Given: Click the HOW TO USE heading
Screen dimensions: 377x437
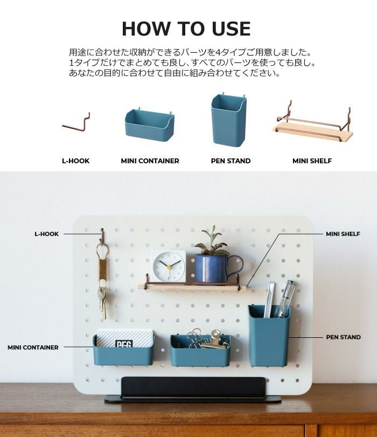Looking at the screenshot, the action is (x=186, y=29).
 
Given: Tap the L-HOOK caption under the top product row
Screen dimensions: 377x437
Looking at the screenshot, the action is (x=76, y=161).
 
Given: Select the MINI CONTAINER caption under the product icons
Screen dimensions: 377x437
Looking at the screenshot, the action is (x=150, y=161).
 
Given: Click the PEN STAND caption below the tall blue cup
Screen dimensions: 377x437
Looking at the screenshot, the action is (x=231, y=161).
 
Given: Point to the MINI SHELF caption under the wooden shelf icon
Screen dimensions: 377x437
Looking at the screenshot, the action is (x=312, y=161).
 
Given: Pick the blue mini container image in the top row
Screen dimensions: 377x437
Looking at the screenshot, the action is (x=150, y=125).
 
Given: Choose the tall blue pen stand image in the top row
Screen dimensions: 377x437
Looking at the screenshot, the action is (x=228, y=119).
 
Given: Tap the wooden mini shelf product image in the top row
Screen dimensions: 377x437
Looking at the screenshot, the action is (x=314, y=124).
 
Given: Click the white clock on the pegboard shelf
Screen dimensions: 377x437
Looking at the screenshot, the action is (x=169, y=265).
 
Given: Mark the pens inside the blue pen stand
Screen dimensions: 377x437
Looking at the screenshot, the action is (x=279, y=299).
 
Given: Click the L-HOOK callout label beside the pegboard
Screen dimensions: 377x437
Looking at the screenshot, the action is (x=46, y=234).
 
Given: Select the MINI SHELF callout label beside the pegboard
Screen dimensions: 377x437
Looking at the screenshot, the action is (x=343, y=234).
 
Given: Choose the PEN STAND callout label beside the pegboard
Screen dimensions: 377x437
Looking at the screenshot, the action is (x=343, y=337).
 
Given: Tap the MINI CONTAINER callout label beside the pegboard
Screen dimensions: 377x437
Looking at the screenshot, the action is (x=33, y=348).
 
